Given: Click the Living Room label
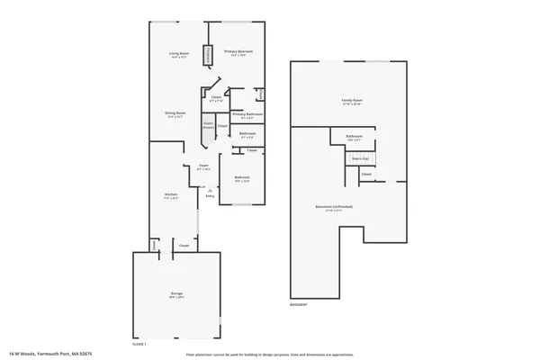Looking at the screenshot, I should coord(177,54).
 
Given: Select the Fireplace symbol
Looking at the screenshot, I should coord(209,56).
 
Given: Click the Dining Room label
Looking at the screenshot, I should coord(175,112).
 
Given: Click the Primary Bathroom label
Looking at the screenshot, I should coord(247,114).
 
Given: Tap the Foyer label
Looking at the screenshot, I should coord(204,166).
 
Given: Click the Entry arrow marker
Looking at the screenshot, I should coord(209,190).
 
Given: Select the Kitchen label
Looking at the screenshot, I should coord(169,196).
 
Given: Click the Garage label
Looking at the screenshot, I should coord(177,294).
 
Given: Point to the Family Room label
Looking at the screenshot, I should coord(352,100).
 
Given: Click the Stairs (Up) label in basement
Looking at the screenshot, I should coord(360,156).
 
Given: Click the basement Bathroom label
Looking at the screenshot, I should coord(354,137).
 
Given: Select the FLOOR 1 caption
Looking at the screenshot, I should coord(139,344).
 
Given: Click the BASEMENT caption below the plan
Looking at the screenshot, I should coord(300,305).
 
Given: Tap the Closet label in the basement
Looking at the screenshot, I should coord(367,174).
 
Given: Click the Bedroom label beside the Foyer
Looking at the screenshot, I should coord(242,177).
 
